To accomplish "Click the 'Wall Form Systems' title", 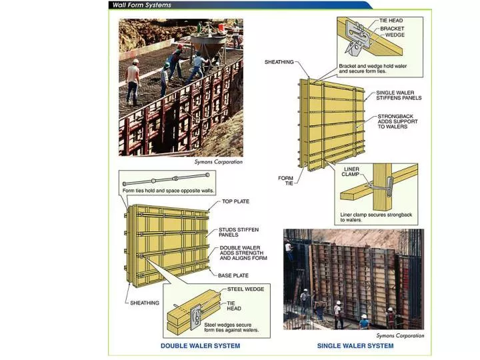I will coord(143,5).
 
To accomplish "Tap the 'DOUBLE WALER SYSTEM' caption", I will coord(200,346).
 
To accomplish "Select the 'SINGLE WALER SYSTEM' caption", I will coord(355,346).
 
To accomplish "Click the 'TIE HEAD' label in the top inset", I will coord(391,21).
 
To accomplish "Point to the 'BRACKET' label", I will coord(392,29).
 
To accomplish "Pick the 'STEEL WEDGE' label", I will coord(245,289).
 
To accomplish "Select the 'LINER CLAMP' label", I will coord(351,171).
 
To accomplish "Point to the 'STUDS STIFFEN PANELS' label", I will coord(239,232).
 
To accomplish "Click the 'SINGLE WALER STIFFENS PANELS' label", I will coord(399,95).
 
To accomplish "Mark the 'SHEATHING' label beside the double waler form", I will coord(145,303).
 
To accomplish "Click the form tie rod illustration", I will coord(163,179).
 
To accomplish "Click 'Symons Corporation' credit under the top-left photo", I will coord(218,162).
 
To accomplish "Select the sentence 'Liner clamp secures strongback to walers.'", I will coord(376,217).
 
